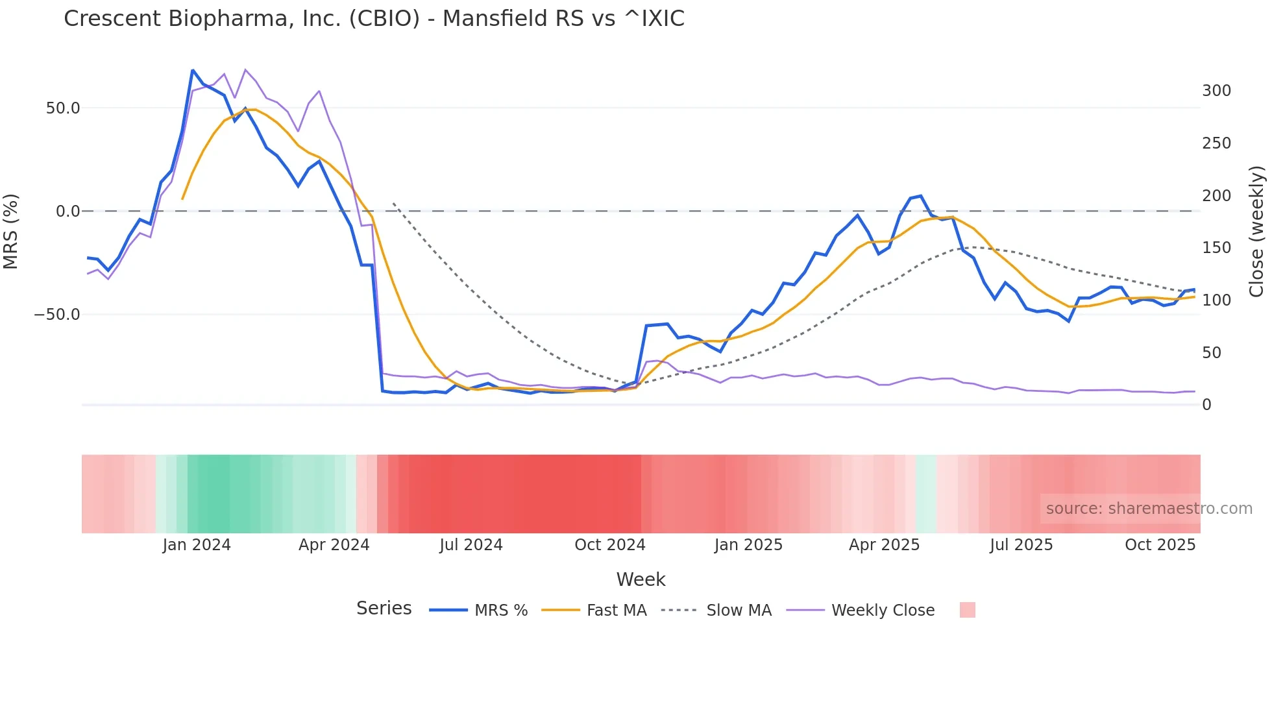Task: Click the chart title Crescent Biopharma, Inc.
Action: [374, 19]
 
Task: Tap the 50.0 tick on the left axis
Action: [63, 108]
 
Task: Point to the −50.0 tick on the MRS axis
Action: [57, 315]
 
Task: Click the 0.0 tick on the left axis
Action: [67, 212]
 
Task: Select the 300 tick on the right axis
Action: [1216, 91]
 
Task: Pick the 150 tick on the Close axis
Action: [1216, 248]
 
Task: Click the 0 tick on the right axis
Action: [1206, 405]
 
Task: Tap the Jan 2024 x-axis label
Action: [197, 545]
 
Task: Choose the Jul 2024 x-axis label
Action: [471, 545]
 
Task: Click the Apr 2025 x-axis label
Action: [884, 545]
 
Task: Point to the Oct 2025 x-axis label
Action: [1160, 545]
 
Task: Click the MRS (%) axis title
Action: [11, 232]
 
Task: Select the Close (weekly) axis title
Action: [1256, 232]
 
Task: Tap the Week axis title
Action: [641, 579]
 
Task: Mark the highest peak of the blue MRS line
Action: [193, 70]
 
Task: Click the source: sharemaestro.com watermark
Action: [1149, 509]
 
